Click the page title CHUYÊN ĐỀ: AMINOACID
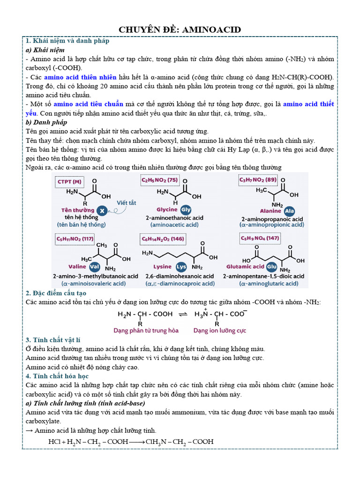[180, 30]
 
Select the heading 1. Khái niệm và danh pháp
[67, 41]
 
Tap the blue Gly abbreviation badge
[186, 210]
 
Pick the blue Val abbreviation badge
[95, 266]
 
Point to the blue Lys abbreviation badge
[181, 266]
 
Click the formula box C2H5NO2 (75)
[159, 180]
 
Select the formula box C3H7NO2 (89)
[258, 180]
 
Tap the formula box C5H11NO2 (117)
[75, 239]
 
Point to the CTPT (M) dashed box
[69, 181]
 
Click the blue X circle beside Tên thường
[102, 210]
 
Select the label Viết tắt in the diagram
[127, 202]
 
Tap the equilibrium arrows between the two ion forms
[183, 314]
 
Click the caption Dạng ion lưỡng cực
[219, 330]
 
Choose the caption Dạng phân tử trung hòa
[146, 330]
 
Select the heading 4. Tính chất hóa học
[57, 376]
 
